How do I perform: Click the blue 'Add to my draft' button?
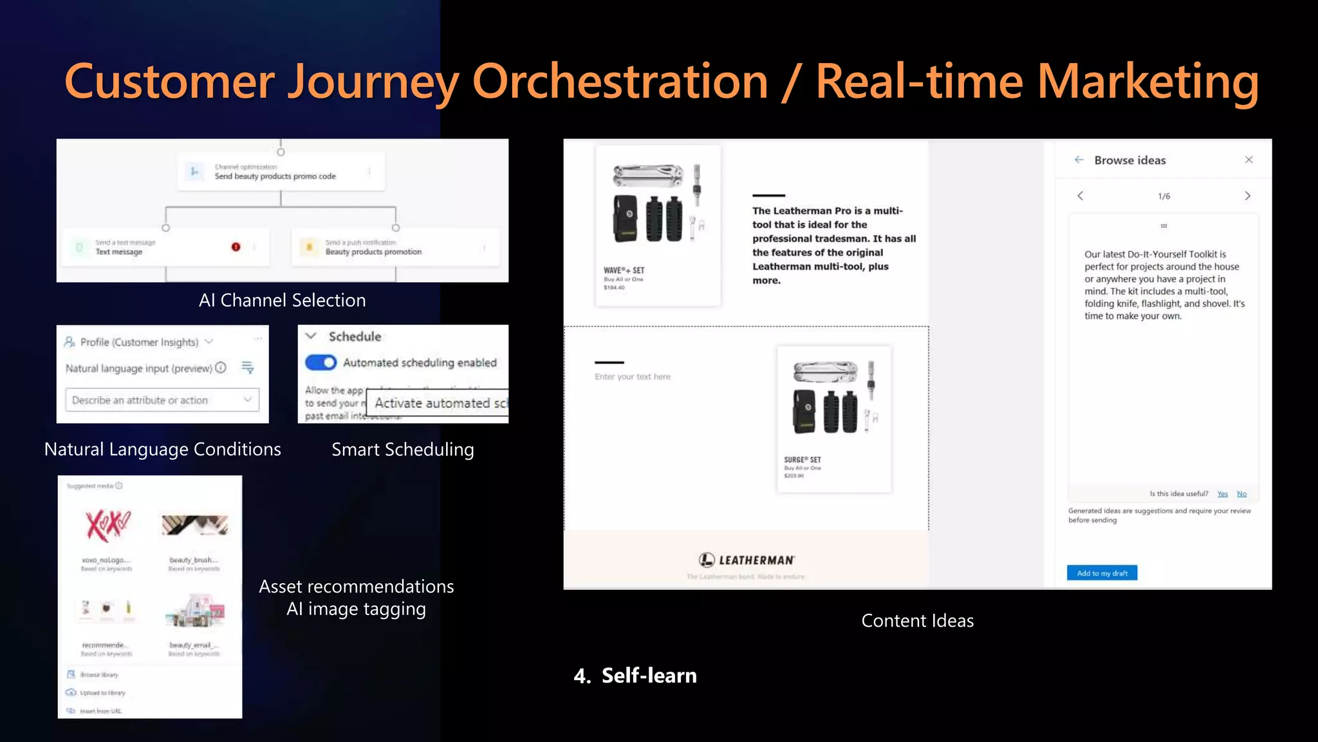pyautogui.click(x=1102, y=573)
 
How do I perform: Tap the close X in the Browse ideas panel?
pyautogui.click(x=1248, y=160)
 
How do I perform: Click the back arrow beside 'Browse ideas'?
pyautogui.click(x=1079, y=160)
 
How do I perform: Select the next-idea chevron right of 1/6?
pyautogui.click(x=1247, y=196)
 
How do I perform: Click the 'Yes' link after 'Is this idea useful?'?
pyautogui.click(x=1222, y=494)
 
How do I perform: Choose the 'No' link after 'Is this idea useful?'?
pyautogui.click(x=1241, y=494)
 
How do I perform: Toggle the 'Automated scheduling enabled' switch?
pyautogui.click(x=320, y=363)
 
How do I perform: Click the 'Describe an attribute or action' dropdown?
pyautogui.click(x=162, y=400)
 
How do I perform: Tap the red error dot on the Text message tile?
pyautogui.click(x=236, y=247)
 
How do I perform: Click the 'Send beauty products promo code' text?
pyautogui.click(x=275, y=176)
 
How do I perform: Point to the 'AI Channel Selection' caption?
pyautogui.click(x=282, y=300)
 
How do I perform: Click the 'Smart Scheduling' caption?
pyautogui.click(x=402, y=450)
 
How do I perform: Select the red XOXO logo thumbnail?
pyautogui.click(x=107, y=524)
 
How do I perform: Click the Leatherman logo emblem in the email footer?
pyautogui.click(x=707, y=560)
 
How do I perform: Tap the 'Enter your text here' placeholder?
pyautogui.click(x=632, y=377)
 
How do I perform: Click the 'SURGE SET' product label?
pyautogui.click(x=802, y=460)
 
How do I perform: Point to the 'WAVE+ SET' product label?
pyautogui.click(x=624, y=271)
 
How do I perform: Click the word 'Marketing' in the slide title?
pyautogui.click(x=1147, y=82)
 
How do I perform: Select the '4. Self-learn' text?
pyautogui.click(x=635, y=676)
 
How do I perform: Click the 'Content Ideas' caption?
pyautogui.click(x=917, y=621)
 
